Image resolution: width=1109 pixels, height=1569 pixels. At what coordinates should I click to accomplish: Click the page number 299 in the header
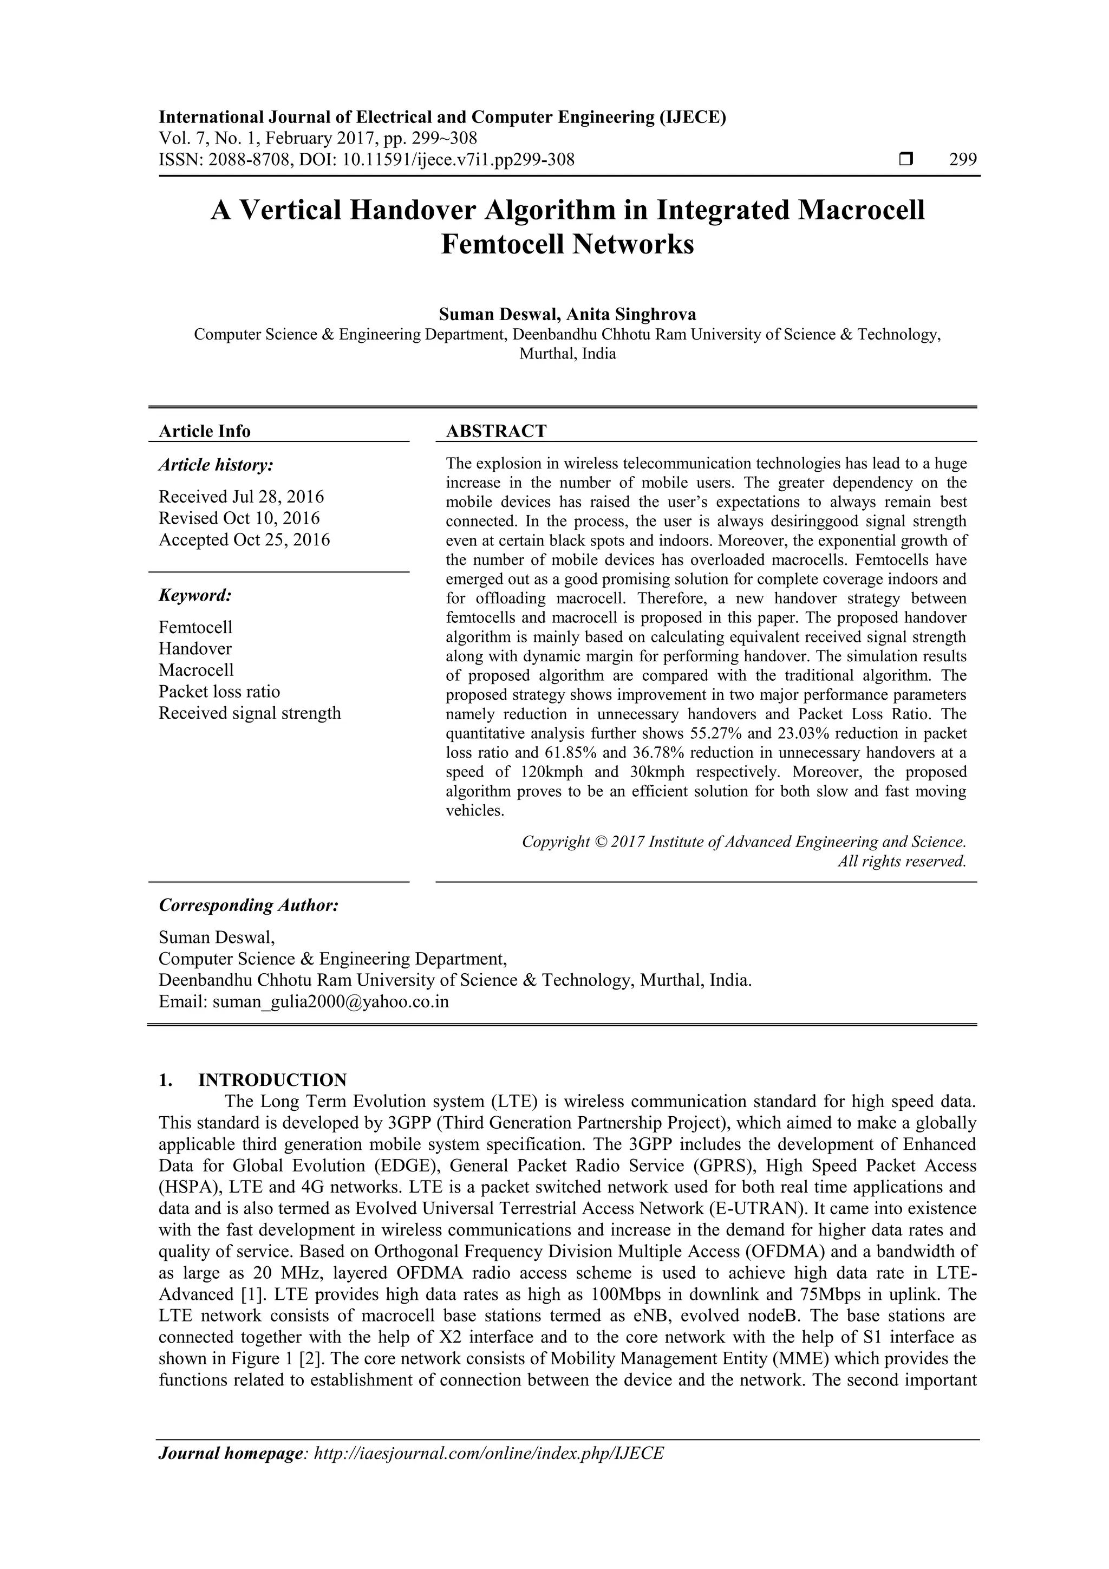tap(963, 160)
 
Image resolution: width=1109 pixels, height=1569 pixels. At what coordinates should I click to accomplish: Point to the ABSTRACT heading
tap(496, 431)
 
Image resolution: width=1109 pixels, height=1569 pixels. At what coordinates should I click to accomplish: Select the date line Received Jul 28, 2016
tap(241, 496)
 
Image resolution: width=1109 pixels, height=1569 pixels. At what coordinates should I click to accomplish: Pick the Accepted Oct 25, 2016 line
tap(244, 540)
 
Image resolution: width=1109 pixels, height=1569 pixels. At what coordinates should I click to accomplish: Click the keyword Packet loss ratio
tap(219, 692)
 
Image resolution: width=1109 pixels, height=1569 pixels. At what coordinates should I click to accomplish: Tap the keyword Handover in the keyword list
tap(195, 648)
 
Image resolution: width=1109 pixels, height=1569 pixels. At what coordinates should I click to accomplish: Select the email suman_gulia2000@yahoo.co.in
tap(331, 1002)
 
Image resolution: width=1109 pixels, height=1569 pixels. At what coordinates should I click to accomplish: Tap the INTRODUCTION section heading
tap(272, 1080)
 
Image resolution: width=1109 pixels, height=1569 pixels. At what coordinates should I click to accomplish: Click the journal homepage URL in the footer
tap(488, 1453)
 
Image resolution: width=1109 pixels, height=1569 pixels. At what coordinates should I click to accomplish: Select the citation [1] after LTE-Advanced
tap(247, 1294)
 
